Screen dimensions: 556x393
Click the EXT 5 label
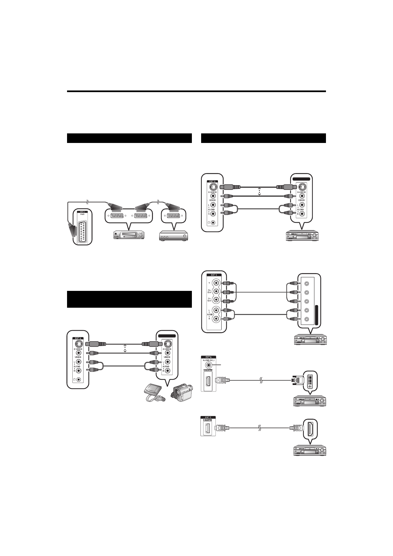click(214, 275)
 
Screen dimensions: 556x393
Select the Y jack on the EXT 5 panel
click(216, 283)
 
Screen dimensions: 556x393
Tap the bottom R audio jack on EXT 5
click(216, 319)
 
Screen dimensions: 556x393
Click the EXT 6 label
click(208, 357)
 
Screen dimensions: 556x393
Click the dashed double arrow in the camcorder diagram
click(125, 349)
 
